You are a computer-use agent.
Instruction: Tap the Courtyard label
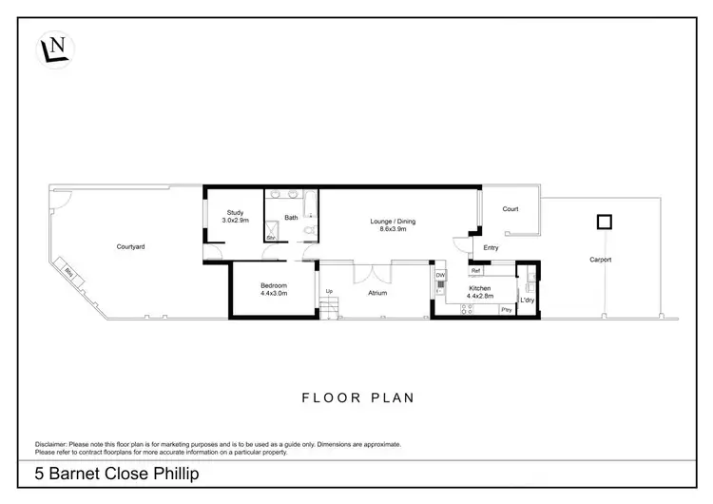(x=130, y=246)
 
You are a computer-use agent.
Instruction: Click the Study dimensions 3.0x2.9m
(x=236, y=220)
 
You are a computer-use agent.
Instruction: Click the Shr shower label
(x=271, y=238)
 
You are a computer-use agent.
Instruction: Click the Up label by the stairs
(x=330, y=291)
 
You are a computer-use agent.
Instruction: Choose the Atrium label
(x=377, y=293)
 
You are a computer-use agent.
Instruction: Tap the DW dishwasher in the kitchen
(x=440, y=276)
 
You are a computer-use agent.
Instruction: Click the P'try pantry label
(x=507, y=310)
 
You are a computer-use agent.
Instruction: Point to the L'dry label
(x=528, y=300)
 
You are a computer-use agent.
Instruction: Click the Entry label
(x=491, y=248)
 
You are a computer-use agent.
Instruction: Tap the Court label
(x=510, y=209)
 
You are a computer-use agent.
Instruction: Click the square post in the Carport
(x=603, y=223)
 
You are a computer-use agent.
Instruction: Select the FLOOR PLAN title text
(x=357, y=398)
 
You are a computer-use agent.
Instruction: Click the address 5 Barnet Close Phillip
(x=109, y=473)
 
